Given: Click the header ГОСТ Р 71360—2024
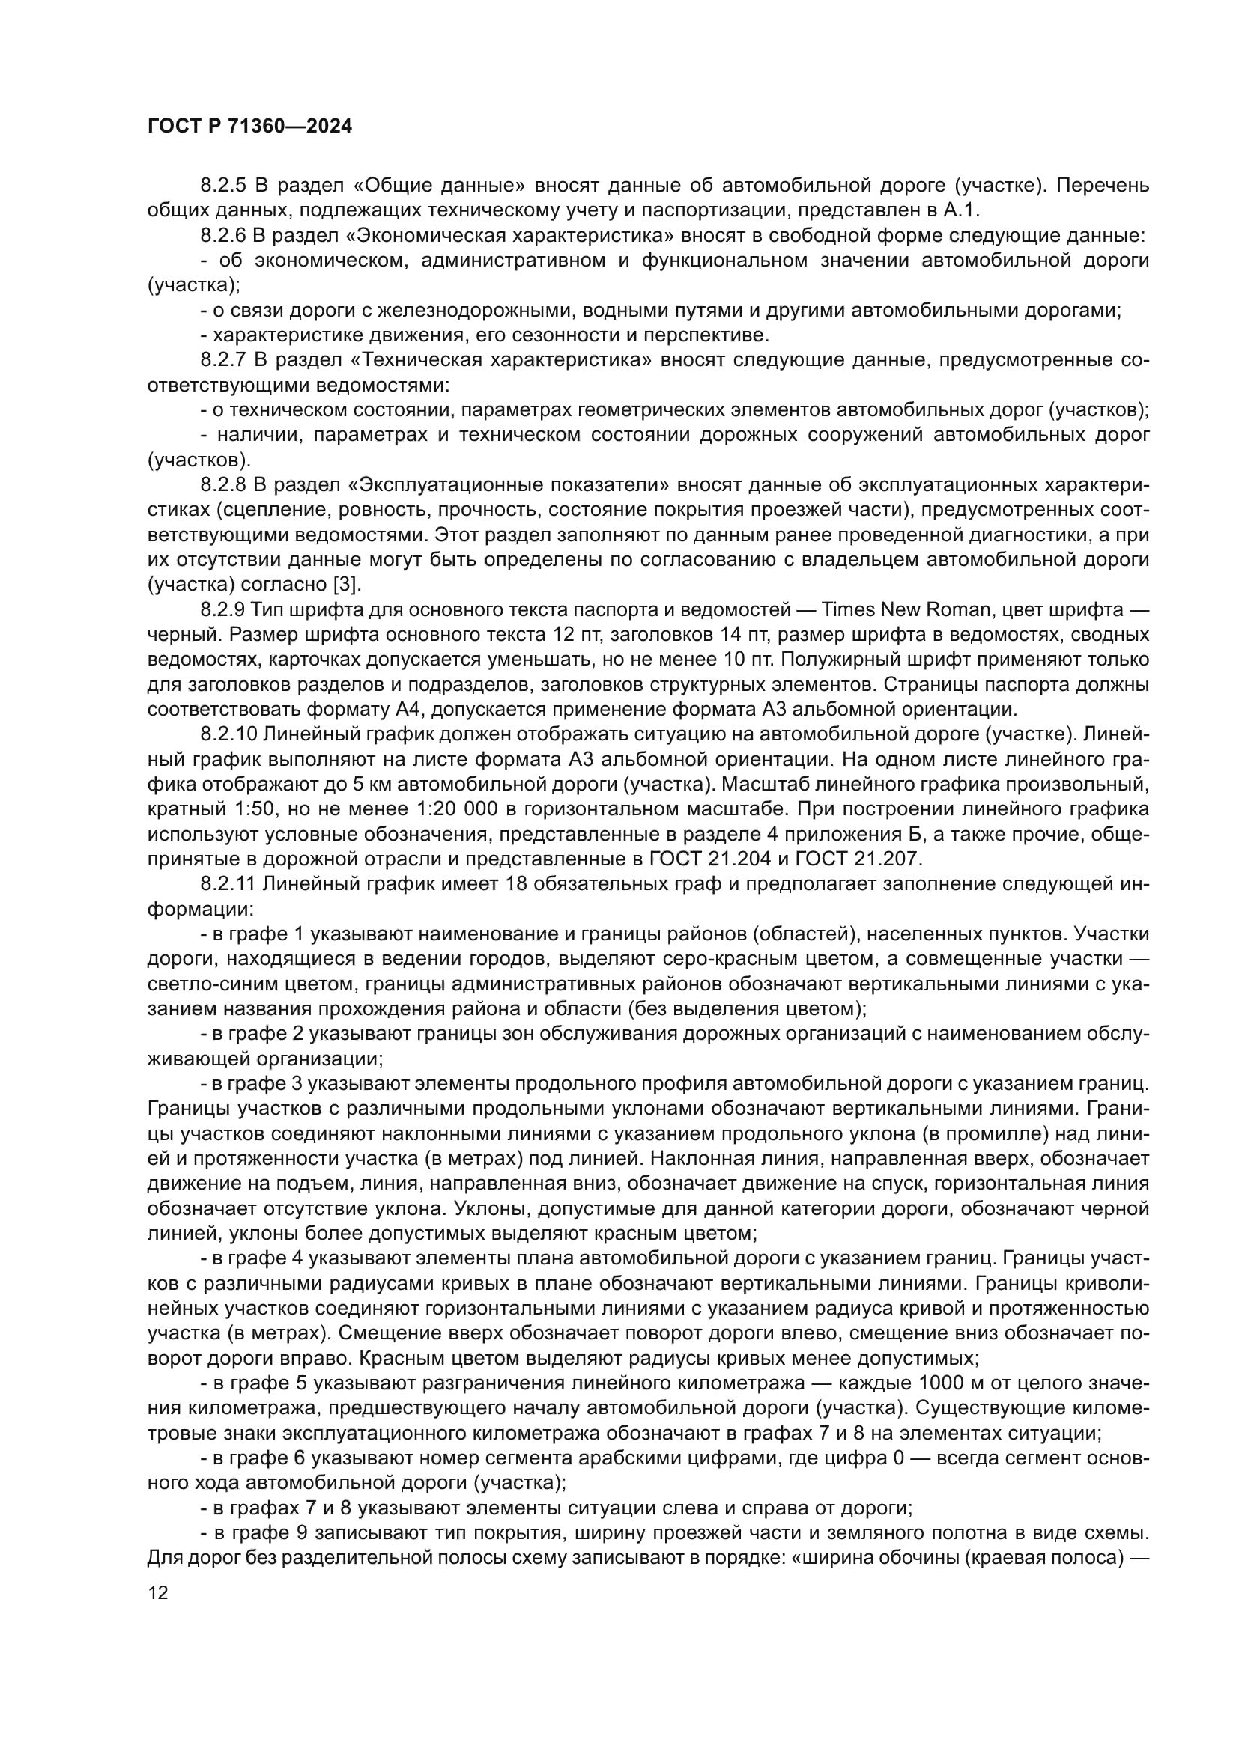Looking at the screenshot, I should (x=249, y=127).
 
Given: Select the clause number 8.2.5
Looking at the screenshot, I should (x=224, y=186).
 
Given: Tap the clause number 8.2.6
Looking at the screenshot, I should (x=224, y=236).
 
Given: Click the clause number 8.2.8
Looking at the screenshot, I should (x=224, y=485).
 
